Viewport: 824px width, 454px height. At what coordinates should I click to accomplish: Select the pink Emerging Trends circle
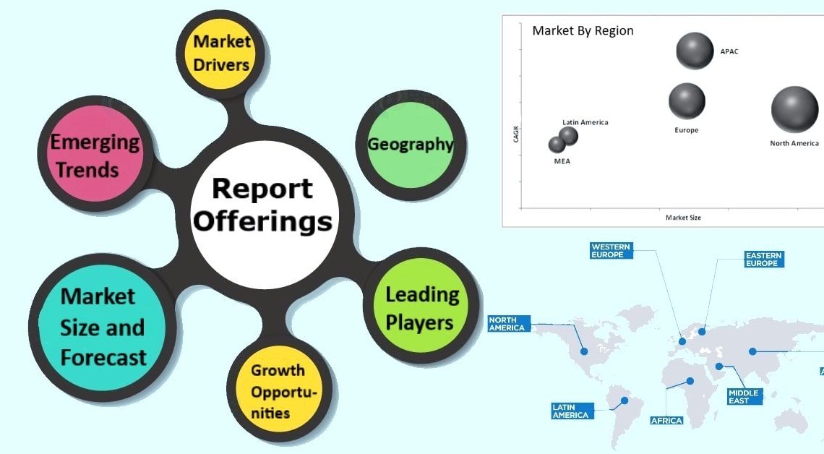click(94, 155)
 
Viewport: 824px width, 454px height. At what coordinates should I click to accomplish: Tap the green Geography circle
click(410, 144)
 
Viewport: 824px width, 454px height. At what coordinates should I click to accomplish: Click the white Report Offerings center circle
click(262, 205)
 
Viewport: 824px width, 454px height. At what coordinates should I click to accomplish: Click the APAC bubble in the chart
click(695, 51)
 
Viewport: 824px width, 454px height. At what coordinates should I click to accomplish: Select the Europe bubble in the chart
click(687, 101)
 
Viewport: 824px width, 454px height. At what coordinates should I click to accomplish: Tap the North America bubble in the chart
click(795, 110)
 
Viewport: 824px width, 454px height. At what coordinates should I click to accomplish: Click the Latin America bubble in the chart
click(569, 136)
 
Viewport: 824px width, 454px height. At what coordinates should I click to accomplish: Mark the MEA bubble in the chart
click(557, 145)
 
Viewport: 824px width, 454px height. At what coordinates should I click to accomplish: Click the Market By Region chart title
click(583, 30)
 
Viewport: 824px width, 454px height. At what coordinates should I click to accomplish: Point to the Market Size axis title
click(683, 218)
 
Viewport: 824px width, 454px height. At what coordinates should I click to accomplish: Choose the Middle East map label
click(744, 396)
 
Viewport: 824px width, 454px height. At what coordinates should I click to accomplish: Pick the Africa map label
click(666, 420)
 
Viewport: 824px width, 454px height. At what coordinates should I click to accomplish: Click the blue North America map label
click(507, 323)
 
